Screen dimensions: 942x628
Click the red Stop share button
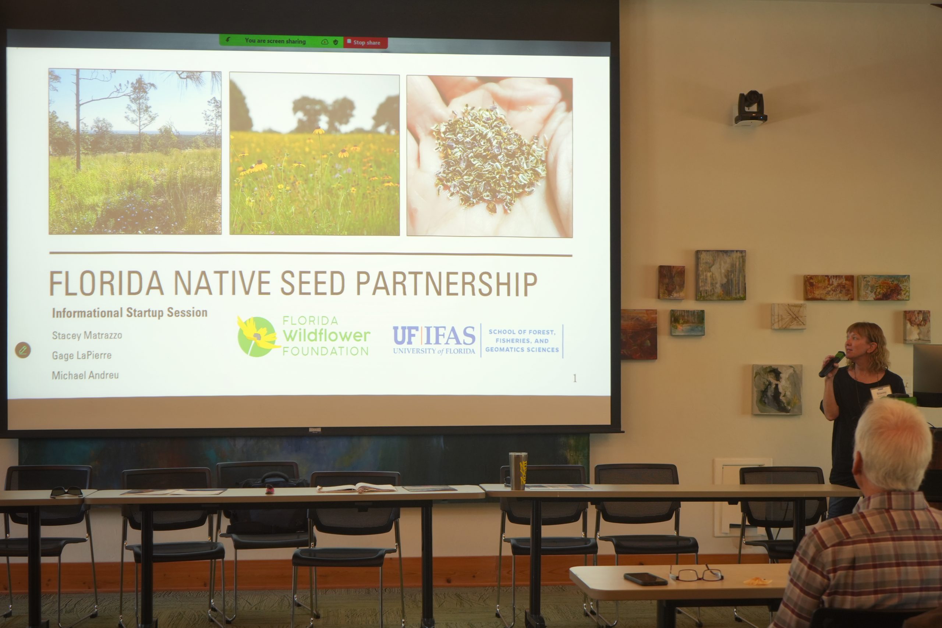pyautogui.click(x=365, y=42)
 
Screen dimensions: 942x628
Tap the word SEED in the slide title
pyautogui.click(x=312, y=283)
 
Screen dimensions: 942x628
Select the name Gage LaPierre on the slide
pyautogui.click(x=82, y=355)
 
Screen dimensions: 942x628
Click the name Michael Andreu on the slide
pyautogui.click(x=85, y=375)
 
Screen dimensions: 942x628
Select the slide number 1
pyautogui.click(x=575, y=379)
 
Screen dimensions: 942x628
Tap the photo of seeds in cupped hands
pyautogui.click(x=489, y=157)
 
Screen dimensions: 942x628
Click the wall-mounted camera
pyautogui.click(x=750, y=108)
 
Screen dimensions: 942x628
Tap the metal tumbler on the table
pyautogui.click(x=518, y=471)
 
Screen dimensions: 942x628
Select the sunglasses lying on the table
pyautogui.click(x=67, y=492)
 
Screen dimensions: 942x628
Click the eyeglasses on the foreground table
pyautogui.click(x=696, y=574)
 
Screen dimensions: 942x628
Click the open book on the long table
pyautogui.click(x=356, y=487)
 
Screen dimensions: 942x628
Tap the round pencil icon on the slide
pyautogui.click(x=23, y=350)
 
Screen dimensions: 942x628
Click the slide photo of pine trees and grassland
pyautogui.click(x=135, y=152)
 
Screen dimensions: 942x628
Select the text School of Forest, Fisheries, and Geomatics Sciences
pyautogui.click(x=522, y=341)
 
